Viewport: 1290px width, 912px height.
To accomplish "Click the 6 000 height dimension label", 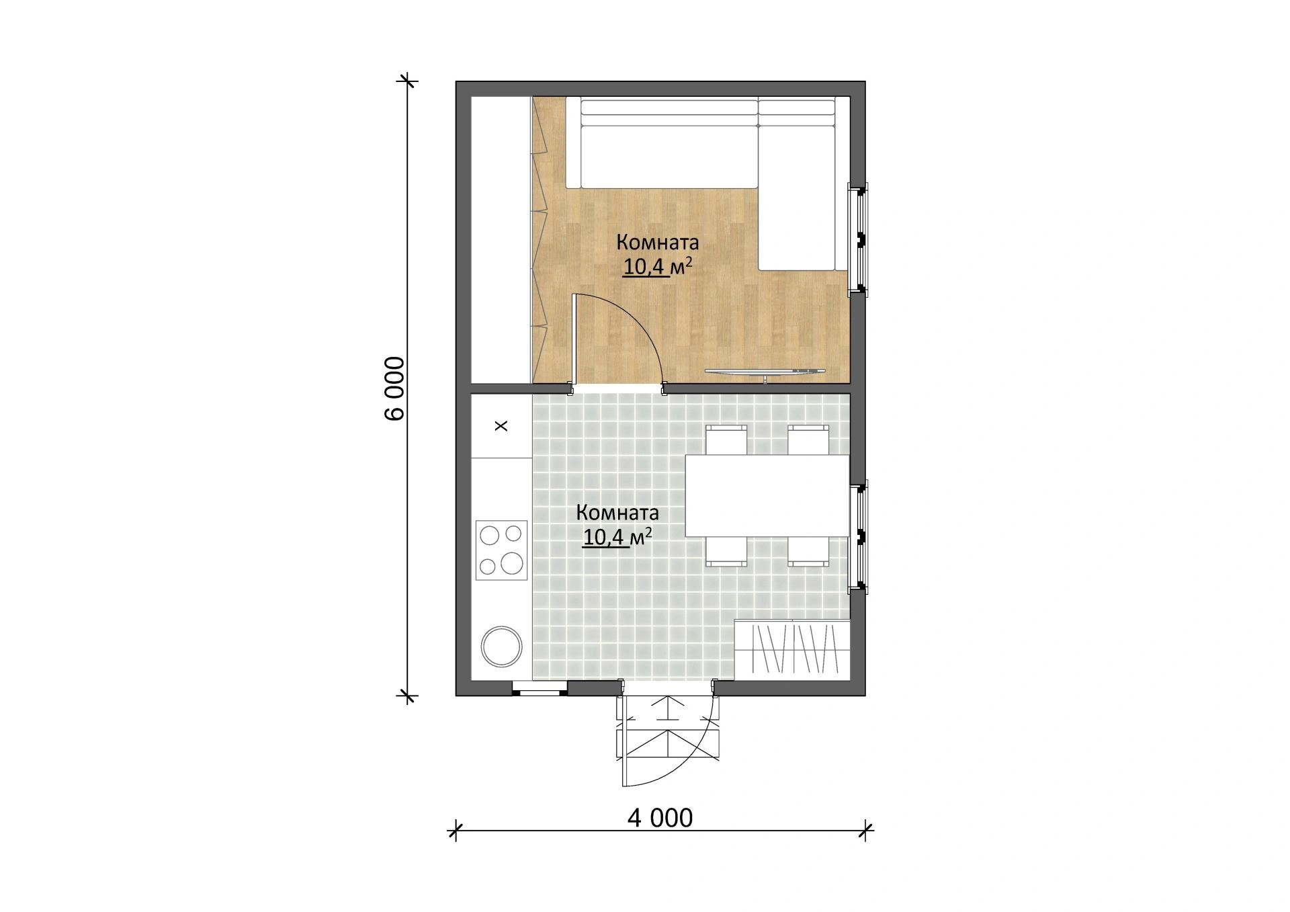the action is pyautogui.click(x=395, y=388).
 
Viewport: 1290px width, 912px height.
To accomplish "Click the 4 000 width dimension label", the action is pyautogui.click(x=660, y=818).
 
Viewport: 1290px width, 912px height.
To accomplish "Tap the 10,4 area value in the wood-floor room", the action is pyautogui.click(x=645, y=267).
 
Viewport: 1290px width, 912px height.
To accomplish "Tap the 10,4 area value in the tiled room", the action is pyautogui.click(x=605, y=538).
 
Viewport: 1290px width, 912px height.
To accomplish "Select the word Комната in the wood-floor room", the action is pyautogui.click(x=658, y=241).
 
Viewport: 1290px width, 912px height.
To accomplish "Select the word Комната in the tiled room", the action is pyautogui.click(x=617, y=513).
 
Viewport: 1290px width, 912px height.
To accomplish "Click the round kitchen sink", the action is pyautogui.click(x=501, y=647).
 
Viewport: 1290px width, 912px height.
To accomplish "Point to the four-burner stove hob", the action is pyautogui.click(x=501, y=550).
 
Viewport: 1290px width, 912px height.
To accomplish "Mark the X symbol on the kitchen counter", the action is pyautogui.click(x=501, y=425).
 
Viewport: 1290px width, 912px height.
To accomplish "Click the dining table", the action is pyautogui.click(x=767, y=496).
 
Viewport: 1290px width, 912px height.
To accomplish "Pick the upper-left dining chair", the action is pyautogui.click(x=726, y=440).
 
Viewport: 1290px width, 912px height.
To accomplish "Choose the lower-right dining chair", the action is pyautogui.click(x=808, y=551).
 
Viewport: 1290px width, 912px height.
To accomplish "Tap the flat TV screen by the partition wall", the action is pyautogui.click(x=765, y=371).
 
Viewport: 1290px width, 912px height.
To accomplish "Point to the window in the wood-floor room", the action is pyautogui.click(x=859, y=239).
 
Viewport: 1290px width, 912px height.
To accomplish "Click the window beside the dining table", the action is pyautogui.click(x=859, y=536).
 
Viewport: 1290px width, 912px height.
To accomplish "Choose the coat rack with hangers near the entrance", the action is pyautogui.click(x=793, y=649).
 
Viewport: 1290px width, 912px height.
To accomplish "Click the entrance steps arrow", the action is pyautogui.click(x=669, y=709).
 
